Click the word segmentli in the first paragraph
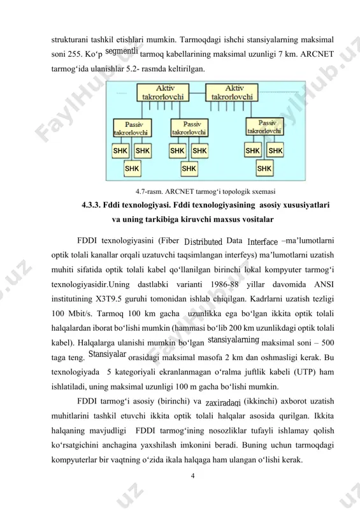(x=122, y=52)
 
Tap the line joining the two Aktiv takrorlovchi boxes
(x=197, y=93)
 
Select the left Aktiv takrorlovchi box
(x=163, y=92)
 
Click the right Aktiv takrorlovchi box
(x=231, y=92)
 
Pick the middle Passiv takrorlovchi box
(x=189, y=128)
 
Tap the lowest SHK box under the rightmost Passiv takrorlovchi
(x=264, y=168)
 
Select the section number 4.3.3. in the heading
(x=91, y=205)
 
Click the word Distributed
(x=203, y=242)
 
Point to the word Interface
(x=263, y=242)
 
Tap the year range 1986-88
(x=224, y=284)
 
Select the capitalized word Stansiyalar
(x=107, y=354)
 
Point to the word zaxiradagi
(x=223, y=403)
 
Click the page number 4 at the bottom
(x=192, y=476)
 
